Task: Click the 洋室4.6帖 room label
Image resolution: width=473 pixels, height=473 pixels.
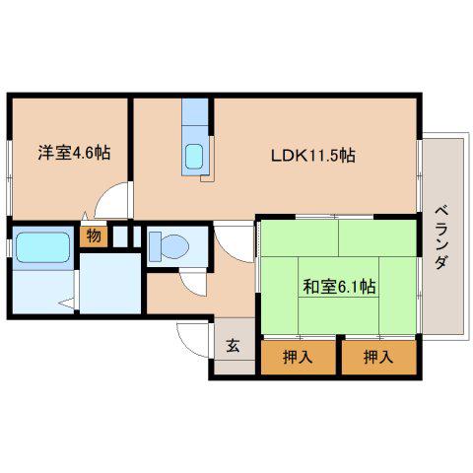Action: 74,153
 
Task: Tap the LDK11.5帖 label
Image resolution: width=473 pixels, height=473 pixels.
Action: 313,156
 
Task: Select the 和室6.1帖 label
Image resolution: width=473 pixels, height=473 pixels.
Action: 339,287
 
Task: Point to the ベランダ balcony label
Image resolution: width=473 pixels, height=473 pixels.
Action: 441,237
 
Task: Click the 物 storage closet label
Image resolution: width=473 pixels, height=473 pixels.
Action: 94,236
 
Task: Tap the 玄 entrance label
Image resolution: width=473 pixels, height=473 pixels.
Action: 233,346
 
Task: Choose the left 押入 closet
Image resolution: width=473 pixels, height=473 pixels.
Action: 298,357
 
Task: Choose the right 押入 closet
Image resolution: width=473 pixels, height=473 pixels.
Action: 378,357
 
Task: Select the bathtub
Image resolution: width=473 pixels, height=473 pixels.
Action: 43,247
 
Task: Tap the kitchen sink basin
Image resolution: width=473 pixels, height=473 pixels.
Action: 194,157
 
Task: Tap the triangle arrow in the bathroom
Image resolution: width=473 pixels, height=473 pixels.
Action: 67,303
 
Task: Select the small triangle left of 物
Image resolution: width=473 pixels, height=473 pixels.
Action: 85,216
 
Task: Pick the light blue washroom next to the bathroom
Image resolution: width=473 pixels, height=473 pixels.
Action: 110,283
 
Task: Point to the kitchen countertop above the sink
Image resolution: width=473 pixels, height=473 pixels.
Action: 195,111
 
